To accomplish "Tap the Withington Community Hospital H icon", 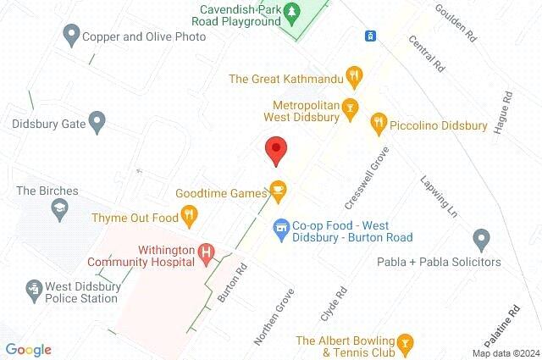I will point(205,252).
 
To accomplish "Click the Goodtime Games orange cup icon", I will point(277,189).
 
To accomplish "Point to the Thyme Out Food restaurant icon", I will point(189,216).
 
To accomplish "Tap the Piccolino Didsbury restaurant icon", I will point(379,125).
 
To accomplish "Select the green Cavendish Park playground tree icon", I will point(291,12).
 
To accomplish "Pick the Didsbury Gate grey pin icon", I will point(97,123).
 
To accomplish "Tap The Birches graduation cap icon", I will point(59,208).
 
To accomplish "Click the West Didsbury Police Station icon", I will point(35,290).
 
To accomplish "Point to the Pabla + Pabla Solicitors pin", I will point(481,240).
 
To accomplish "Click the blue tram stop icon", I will point(370,36).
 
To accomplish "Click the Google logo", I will point(28,349).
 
